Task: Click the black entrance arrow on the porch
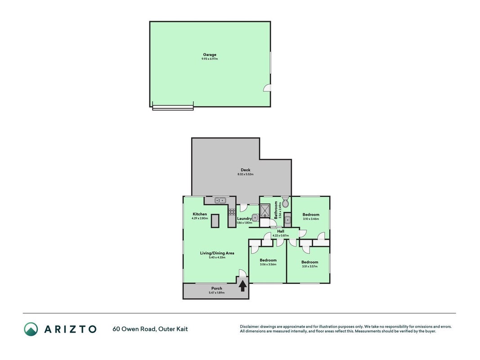pos(242,286)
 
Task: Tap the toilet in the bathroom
pos(285,202)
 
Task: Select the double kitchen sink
pos(220,201)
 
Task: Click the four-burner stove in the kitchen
pos(232,212)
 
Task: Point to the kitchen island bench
pos(215,220)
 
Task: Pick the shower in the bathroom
pos(264,210)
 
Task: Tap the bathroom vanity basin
pos(287,220)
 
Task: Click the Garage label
pos(210,55)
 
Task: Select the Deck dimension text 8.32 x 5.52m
pos(246,175)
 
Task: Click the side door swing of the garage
pos(267,88)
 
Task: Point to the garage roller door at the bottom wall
pos(173,107)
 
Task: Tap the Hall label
pos(281,231)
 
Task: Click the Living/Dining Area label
pos(217,253)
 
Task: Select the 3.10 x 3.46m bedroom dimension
pos(311,219)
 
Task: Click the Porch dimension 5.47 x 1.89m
pos(217,292)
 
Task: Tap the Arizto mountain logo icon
pos(31,329)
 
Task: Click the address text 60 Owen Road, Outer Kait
pos(150,329)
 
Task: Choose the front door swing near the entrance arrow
pos(242,273)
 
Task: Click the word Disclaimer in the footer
pos(250,327)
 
